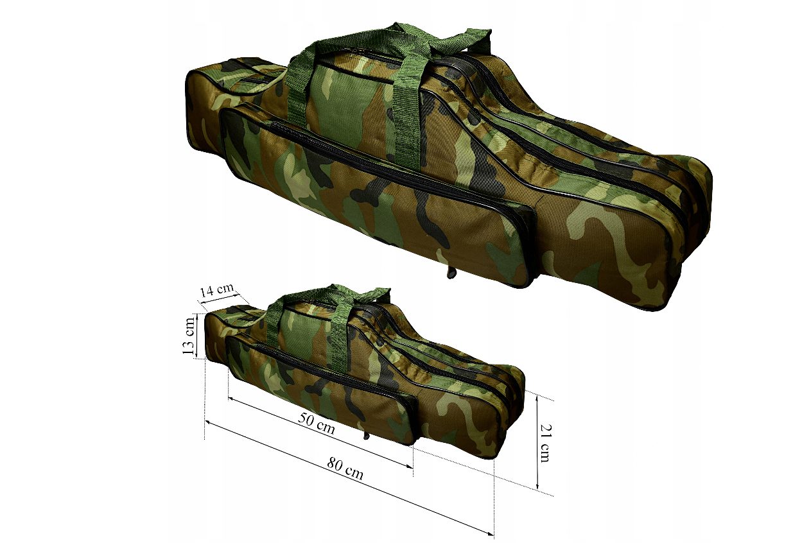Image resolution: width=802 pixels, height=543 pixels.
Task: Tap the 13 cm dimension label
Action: tap(189, 336)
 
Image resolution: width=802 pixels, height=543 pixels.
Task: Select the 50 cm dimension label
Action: tap(317, 423)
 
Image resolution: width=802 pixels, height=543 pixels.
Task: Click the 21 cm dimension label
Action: tap(545, 443)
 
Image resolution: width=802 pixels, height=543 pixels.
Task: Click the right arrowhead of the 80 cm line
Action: tap(490, 534)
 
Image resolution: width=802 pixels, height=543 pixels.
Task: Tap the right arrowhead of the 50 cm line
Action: tap(409, 465)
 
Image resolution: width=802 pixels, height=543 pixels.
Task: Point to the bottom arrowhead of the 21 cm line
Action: tap(537, 485)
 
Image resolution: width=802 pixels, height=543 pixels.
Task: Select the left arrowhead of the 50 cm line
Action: tap(232, 398)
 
